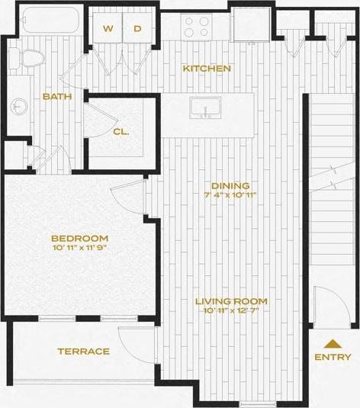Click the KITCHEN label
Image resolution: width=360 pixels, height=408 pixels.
pos(206,69)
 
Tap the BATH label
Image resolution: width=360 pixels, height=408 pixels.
pos(57,97)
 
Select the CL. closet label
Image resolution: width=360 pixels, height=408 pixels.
pos(121,131)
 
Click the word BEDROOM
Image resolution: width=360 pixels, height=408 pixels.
pos(80,237)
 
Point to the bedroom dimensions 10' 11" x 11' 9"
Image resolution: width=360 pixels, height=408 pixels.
pos(80,248)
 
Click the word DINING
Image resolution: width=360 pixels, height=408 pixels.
pos(230,186)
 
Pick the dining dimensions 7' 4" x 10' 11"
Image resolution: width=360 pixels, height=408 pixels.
pos(230,196)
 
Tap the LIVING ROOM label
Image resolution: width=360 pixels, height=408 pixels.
pos(230,301)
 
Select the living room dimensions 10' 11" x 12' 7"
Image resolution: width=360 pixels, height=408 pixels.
pos(230,311)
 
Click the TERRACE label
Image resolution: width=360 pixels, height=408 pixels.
pos(83,352)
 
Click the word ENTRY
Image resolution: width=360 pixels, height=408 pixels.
pos(333,357)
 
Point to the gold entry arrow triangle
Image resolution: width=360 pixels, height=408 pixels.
pos(333,343)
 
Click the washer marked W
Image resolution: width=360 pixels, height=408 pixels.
pos(108,29)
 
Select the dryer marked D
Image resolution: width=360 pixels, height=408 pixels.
pos(138,29)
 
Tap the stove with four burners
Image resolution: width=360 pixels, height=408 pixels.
pos(196,27)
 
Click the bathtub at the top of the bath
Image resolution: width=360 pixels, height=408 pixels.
pos(50,20)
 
